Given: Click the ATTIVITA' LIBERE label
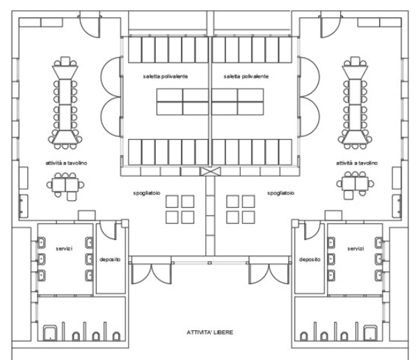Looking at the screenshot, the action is pos(210,332).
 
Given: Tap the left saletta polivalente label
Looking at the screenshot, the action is pos(166,76).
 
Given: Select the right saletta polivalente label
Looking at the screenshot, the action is pos(246,76).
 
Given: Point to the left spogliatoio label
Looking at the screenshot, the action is pos(147,193).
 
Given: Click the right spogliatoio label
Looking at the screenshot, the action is pos(280,193).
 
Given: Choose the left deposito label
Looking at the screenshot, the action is pos(110,259).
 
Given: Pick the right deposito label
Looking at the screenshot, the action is pos(310,259).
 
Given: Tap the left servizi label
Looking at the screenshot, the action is pos(64,249).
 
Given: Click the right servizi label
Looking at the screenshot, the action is pos(355,249).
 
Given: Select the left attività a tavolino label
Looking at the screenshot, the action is pos(66,163).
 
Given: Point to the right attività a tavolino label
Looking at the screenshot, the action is pos(357,163).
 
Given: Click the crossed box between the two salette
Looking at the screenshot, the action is pos(210,172).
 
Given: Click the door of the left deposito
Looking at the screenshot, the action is pos(108,231).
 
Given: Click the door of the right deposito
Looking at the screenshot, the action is pos(312,231).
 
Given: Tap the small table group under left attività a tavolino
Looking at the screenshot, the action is pos(65,186).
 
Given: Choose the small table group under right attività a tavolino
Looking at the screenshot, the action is pos(355,186).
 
